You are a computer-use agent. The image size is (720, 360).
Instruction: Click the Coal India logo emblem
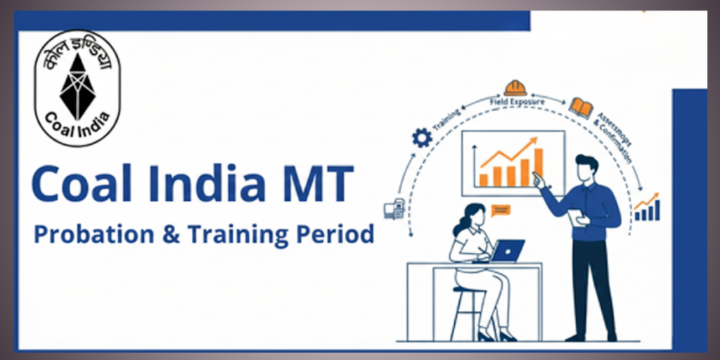(78, 89)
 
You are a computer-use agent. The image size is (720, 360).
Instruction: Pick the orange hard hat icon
(515, 88)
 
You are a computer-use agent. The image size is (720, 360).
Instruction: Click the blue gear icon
(421, 137)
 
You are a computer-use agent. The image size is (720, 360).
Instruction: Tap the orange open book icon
(581, 107)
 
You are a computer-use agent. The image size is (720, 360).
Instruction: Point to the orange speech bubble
(501, 210)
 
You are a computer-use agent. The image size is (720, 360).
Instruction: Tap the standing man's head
(586, 169)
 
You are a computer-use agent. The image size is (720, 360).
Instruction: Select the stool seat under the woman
(469, 289)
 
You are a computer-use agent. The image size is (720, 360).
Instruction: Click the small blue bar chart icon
(646, 209)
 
